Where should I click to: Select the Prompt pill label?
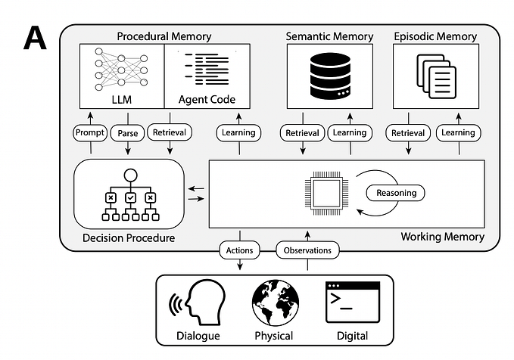click(90, 132)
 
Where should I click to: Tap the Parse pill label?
click(126, 132)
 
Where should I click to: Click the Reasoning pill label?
click(397, 193)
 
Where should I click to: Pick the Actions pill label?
click(239, 249)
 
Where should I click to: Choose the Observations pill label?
click(307, 249)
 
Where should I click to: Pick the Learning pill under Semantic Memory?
click(350, 132)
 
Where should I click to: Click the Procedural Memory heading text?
click(164, 36)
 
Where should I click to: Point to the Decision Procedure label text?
click(128, 238)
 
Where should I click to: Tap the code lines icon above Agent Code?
click(206, 69)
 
